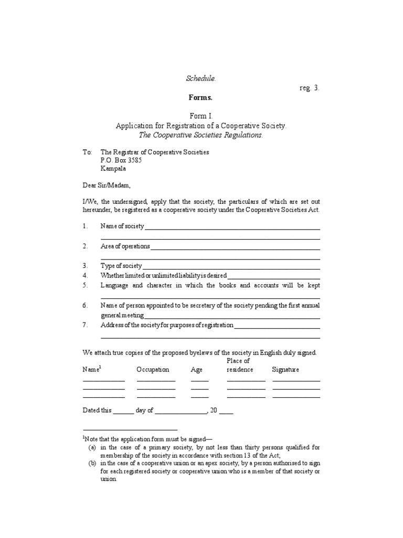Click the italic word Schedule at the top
(200, 78)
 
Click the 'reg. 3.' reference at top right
(309, 88)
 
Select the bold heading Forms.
(201, 98)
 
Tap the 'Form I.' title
(201, 116)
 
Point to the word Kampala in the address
(113, 169)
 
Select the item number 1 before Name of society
(85, 226)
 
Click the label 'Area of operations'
(125, 246)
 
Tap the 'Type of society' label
(121, 266)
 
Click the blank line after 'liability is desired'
(273, 276)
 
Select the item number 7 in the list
(85, 325)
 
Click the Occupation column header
(153, 369)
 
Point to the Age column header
(196, 369)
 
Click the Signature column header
(285, 369)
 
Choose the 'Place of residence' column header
(238, 365)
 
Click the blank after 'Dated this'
(124, 411)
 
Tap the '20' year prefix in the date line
(213, 411)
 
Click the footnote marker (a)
(92, 447)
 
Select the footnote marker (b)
(92, 463)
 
